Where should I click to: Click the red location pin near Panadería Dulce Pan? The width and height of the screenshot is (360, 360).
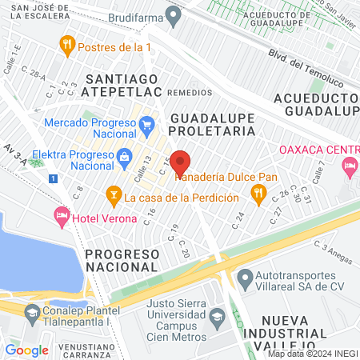[x=180, y=162]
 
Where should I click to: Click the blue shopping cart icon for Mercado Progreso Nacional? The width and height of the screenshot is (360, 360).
[x=146, y=124]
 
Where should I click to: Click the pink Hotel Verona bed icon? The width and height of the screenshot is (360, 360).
[x=61, y=214]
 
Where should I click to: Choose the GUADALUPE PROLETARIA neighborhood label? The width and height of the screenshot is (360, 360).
[x=212, y=124]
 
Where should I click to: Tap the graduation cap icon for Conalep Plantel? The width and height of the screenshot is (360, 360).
[x=31, y=313]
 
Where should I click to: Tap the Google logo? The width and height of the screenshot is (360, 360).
[x=26, y=350]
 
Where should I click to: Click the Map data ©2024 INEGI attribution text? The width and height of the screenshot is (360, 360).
[x=312, y=354]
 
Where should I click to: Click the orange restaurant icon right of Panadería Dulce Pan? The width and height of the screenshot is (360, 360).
[x=258, y=192]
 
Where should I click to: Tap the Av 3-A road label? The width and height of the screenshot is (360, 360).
[x=15, y=156]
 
